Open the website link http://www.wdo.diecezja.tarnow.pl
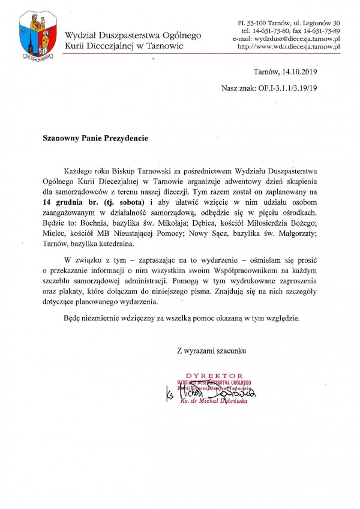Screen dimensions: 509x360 (289, 46)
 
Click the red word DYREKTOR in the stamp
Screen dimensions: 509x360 (214, 376)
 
